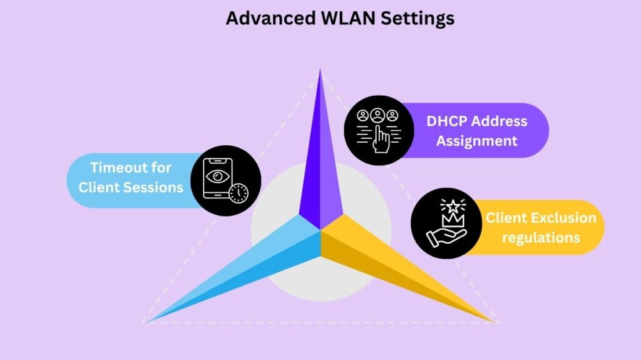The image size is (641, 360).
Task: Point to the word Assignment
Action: pos(477,140)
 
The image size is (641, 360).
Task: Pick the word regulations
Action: pos(541,237)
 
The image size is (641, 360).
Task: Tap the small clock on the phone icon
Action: pos(238,193)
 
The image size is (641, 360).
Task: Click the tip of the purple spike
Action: pos(320,69)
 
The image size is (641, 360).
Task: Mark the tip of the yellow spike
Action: pos(495,322)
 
